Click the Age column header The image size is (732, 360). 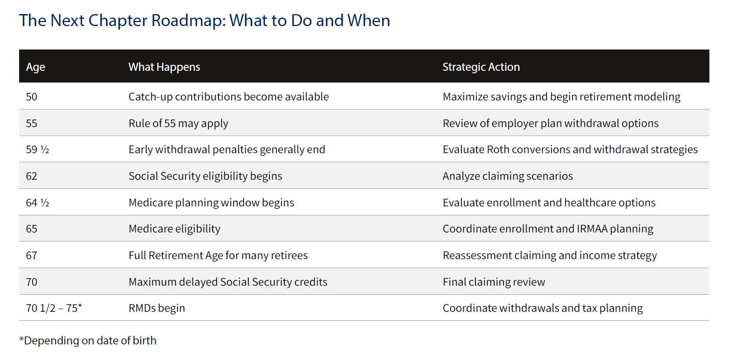(x=35, y=67)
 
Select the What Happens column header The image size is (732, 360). (x=164, y=67)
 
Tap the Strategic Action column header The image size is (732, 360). (x=481, y=67)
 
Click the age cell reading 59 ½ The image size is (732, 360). (x=38, y=149)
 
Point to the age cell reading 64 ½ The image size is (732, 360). (x=38, y=202)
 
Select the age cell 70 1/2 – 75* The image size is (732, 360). (x=54, y=308)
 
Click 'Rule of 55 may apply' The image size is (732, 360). (x=178, y=124)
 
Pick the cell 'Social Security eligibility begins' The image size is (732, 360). (x=205, y=176)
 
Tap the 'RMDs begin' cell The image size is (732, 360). (x=157, y=308)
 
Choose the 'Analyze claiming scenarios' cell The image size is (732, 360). (x=508, y=176)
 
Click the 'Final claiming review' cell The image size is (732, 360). (x=494, y=282)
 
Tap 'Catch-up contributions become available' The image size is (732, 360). (x=229, y=97)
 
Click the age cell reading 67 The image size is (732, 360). (x=32, y=256)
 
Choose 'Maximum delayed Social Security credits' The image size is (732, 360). (x=228, y=282)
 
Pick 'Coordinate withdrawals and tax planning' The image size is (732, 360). (x=543, y=308)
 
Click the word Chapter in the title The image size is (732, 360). (x=118, y=21)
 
